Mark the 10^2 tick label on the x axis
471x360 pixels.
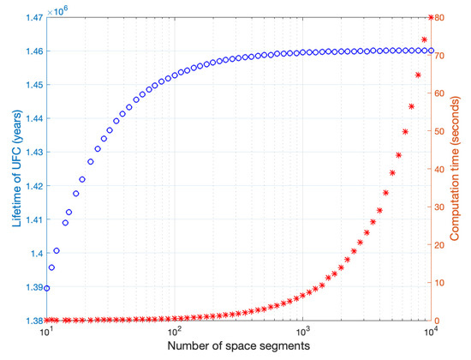click(175, 330)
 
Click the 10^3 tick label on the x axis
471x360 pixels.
click(302, 330)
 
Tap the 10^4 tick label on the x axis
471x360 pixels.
click(431, 330)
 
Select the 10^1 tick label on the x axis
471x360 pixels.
click(46, 330)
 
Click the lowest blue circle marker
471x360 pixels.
click(47, 288)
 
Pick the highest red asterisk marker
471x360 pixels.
click(431, 17)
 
